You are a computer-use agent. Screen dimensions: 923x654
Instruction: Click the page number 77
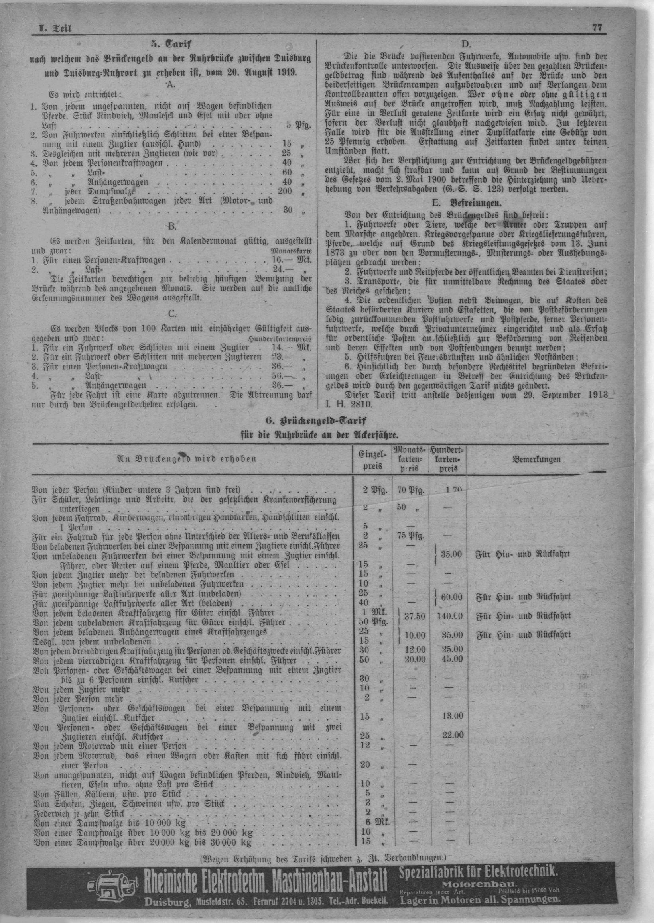tap(597, 28)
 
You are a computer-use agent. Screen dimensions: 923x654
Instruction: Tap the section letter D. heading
tap(466, 44)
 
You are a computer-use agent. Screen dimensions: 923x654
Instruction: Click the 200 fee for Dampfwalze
tap(285, 191)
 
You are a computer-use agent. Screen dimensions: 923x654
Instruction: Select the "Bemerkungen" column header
tap(536, 459)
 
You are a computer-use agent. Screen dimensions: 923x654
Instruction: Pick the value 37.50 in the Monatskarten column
tap(413, 616)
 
